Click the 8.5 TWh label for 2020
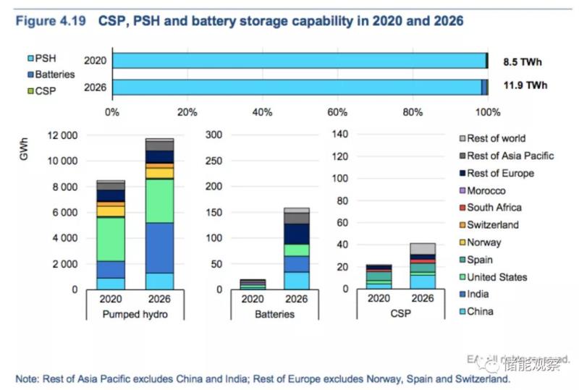tap(524, 62)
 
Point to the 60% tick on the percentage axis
tap(337, 112)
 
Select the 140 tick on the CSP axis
tap(341, 135)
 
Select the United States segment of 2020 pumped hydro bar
tap(111, 239)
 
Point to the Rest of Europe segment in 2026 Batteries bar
tap(297, 234)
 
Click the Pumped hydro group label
tap(135, 314)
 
